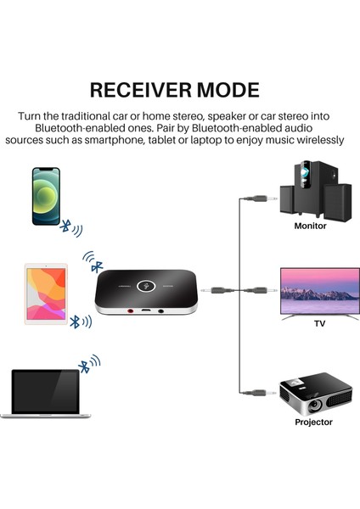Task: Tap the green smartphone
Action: point(48,196)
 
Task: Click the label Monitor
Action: point(310,227)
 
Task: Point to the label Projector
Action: point(313,422)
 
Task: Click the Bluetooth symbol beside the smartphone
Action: point(65,227)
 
